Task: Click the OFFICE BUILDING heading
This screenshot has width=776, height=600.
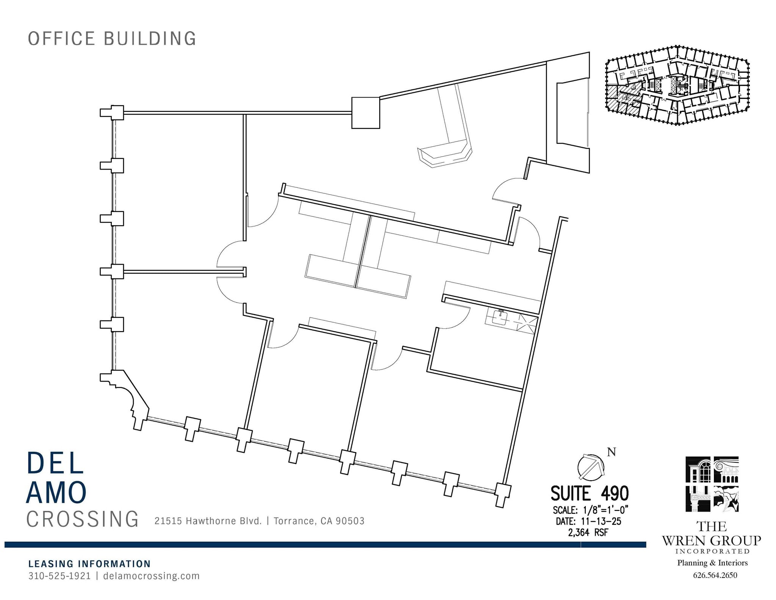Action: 112,39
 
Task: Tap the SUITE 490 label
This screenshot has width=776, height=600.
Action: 589,494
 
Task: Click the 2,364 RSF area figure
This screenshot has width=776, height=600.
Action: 588,533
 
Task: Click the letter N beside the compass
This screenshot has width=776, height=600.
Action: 611,452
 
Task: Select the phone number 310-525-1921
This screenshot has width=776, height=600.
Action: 59,576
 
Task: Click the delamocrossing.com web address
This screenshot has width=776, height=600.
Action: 151,576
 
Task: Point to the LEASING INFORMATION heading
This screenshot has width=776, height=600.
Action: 89,564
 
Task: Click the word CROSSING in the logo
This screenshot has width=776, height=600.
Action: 83,519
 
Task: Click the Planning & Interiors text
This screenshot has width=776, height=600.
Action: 712,563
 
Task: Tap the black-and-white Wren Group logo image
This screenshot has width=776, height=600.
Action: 712,484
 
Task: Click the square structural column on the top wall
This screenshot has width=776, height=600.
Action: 366,113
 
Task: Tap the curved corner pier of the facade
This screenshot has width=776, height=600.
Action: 127,398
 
